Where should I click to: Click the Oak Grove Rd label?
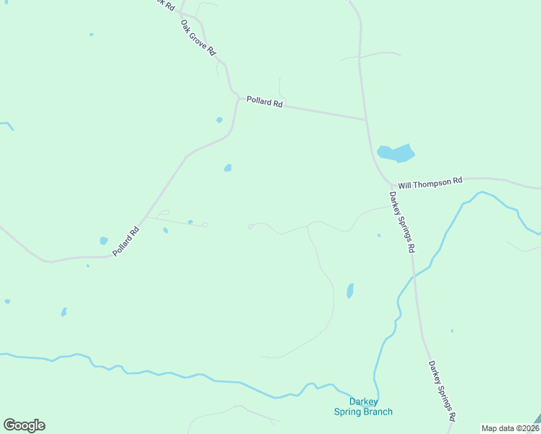point(197,38)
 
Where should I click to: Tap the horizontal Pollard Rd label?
point(264,102)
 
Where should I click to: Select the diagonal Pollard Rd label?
point(125,242)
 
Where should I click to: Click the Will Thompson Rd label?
point(430,183)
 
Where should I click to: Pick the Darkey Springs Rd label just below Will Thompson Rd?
point(401,221)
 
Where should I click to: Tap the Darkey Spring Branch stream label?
point(363,407)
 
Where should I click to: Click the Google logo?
point(24,425)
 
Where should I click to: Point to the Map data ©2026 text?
point(510,428)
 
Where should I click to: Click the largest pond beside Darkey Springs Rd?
point(396,153)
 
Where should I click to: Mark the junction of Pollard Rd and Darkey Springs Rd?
point(365,119)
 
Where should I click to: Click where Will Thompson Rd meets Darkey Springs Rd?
point(389,185)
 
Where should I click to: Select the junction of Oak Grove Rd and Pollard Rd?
point(237,95)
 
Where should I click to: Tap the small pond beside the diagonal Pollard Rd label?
point(103,241)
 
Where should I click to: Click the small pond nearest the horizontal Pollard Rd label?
point(219,120)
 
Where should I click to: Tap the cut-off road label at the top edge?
point(167,4)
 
